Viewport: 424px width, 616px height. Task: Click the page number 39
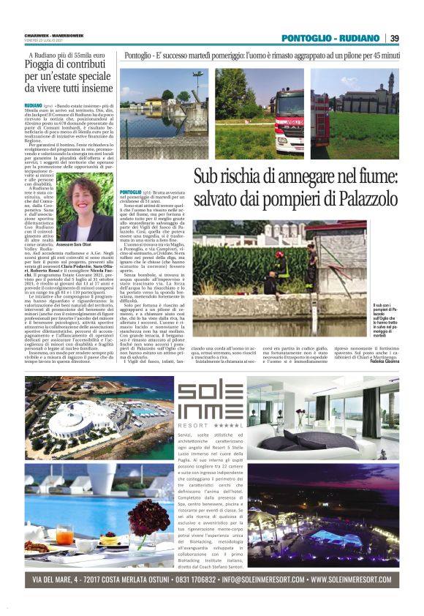click(x=394, y=38)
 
